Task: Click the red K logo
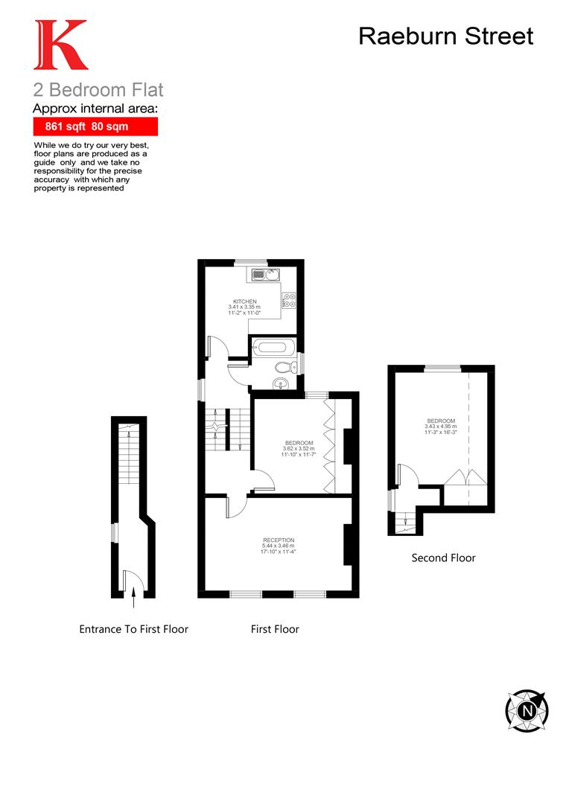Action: [60, 45]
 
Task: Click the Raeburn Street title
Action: [445, 36]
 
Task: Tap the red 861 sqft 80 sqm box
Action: [95, 127]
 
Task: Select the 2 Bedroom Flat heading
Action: [98, 91]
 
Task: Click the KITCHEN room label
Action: [244, 301]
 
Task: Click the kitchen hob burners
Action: [289, 301]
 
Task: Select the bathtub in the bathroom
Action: [273, 346]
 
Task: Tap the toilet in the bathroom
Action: [284, 366]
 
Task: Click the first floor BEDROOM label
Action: [299, 444]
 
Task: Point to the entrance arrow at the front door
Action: [133, 592]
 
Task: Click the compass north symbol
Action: [527, 710]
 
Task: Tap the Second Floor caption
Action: [443, 558]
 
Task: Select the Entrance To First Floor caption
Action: [134, 629]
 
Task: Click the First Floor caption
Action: [275, 629]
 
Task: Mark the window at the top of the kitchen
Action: [251, 262]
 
